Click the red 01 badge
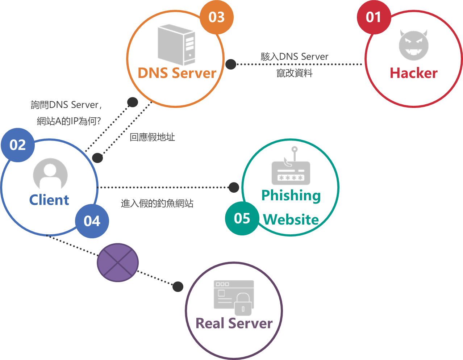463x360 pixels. [x=374, y=17]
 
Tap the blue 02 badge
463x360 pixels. [x=18, y=145]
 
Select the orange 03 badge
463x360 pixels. [x=217, y=17]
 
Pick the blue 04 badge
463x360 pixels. [x=92, y=221]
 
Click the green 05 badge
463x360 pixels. [x=242, y=218]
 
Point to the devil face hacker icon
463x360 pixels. [x=413, y=45]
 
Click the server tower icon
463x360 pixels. [x=177, y=45]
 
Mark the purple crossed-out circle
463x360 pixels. [x=118, y=262]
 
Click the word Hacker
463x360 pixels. [x=413, y=73]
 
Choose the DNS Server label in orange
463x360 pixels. [x=177, y=73]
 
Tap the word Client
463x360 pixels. [x=49, y=200]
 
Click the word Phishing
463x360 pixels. [x=291, y=196]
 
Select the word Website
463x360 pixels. [x=291, y=220]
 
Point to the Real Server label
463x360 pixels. [x=234, y=323]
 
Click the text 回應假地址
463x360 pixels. [x=153, y=137]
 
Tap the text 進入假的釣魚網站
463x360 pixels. [x=157, y=204]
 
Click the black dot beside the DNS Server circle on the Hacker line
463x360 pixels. [x=231, y=64]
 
